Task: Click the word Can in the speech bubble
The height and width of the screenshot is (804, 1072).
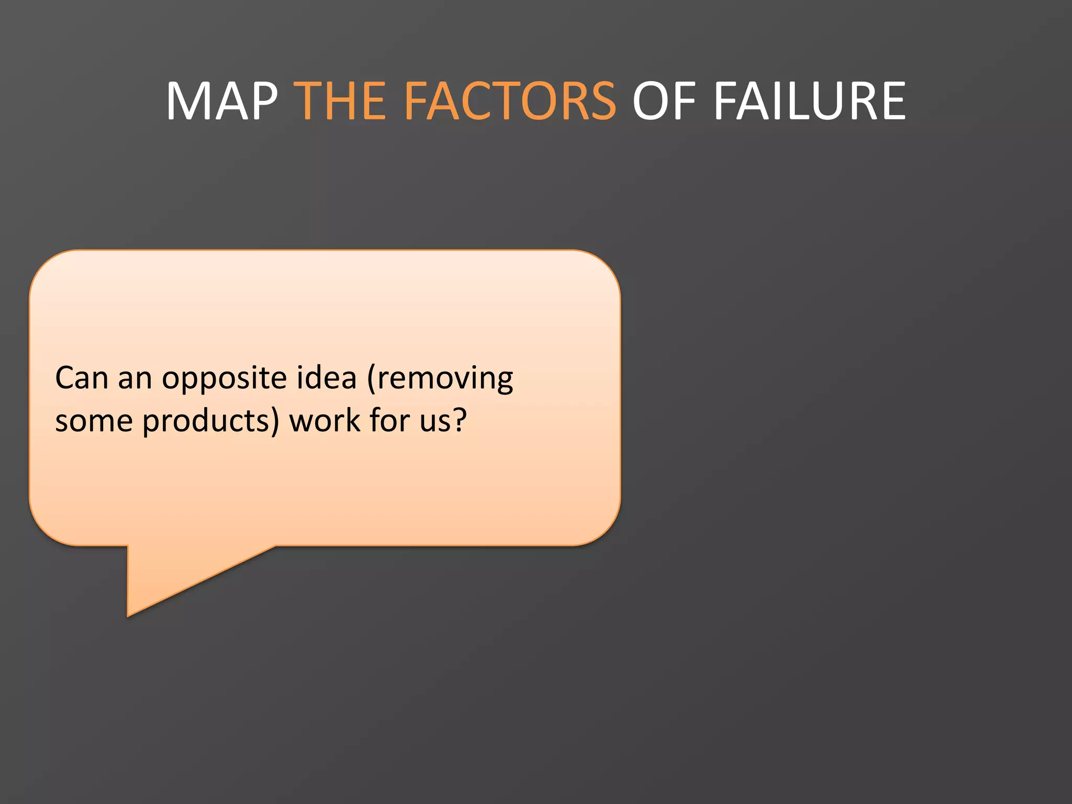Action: tap(82, 378)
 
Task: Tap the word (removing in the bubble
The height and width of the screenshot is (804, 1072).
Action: tap(440, 379)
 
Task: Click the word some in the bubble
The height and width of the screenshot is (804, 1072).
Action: tap(94, 421)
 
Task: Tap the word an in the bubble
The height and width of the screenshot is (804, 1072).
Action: tap(135, 379)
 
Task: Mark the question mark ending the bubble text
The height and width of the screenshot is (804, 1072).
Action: tap(460, 420)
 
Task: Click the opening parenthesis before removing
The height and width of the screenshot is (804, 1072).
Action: tap(372, 379)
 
